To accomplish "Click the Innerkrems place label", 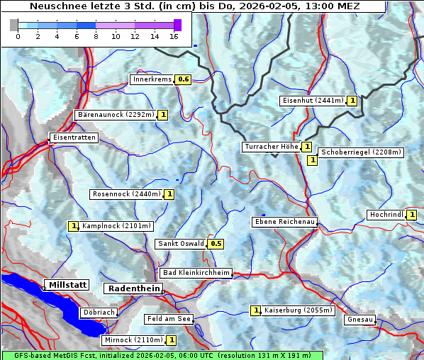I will tap(152, 79).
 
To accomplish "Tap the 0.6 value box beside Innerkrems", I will tap(184, 79).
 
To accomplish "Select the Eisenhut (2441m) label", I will tap(313, 101).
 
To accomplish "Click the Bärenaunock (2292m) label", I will tap(115, 114).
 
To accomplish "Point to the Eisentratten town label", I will tap(73, 137).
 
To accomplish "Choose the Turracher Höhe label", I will tap(271, 147).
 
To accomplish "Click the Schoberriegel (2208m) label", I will tap(361, 152).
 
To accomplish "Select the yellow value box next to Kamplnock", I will tap(73, 226).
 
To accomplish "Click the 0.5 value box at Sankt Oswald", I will tap(216, 244).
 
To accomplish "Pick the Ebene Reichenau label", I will tap(284, 222).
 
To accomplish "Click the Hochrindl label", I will tap(386, 215).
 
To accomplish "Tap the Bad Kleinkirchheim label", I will tap(196, 273).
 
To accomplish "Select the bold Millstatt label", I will tap(67, 285).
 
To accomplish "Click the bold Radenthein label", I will tap(133, 288).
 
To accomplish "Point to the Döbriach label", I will tap(99, 312).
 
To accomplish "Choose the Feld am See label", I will tap(169, 319).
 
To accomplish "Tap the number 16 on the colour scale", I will tap(174, 36).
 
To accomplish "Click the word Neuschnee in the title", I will tap(57, 6).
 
